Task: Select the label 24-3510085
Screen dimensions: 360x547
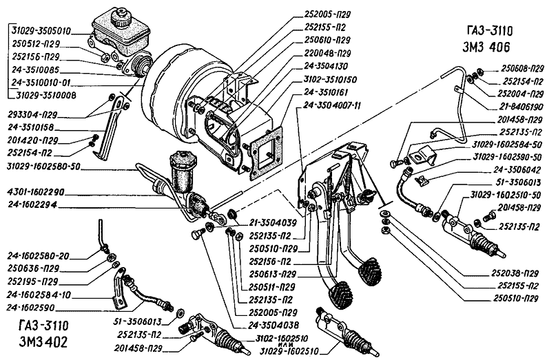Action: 41,69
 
